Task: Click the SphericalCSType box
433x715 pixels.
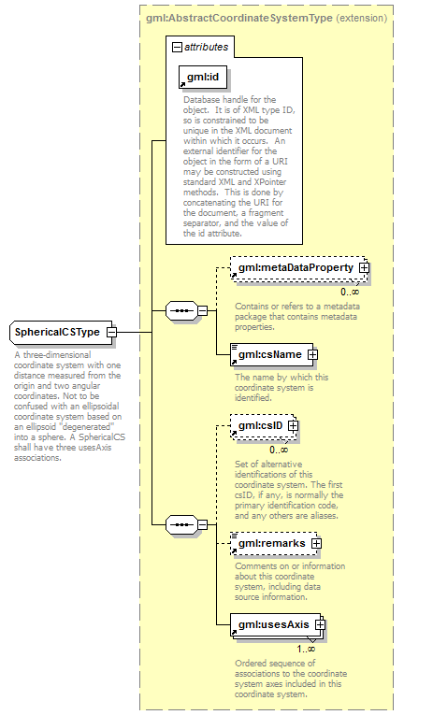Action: pos(61,332)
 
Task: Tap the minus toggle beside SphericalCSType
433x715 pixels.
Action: pos(111,332)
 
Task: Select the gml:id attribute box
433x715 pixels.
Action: pos(203,77)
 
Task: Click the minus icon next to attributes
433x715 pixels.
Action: pos(177,47)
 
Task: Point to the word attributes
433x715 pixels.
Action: pos(207,47)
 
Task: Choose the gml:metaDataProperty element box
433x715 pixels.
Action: pos(298,268)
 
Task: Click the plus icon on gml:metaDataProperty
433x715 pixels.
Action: pos(364,268)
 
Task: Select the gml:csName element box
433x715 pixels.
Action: pos(272,354)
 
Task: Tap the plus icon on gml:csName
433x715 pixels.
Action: pos(312,354)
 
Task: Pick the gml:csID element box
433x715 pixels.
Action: pos(263,426)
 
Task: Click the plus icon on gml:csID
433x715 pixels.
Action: pos(293,426)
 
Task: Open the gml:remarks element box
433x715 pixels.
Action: pos(274,544)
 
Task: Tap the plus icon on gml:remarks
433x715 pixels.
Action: pos(316,544)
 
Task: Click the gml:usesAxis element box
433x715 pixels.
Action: pos(277,625)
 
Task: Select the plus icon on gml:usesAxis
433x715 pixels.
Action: pos(320,624)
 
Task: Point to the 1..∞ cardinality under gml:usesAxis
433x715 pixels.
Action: pos(306,649)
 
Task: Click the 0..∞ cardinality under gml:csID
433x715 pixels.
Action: pos(279,450)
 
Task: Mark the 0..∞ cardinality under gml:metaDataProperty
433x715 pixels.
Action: pos(350,292)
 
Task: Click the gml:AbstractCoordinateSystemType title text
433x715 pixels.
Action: pos(239,19)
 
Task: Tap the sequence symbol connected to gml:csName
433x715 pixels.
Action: pos(181,311)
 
